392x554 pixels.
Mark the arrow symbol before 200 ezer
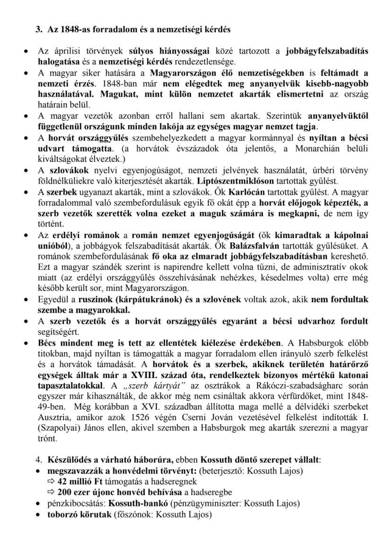[51, 492]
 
